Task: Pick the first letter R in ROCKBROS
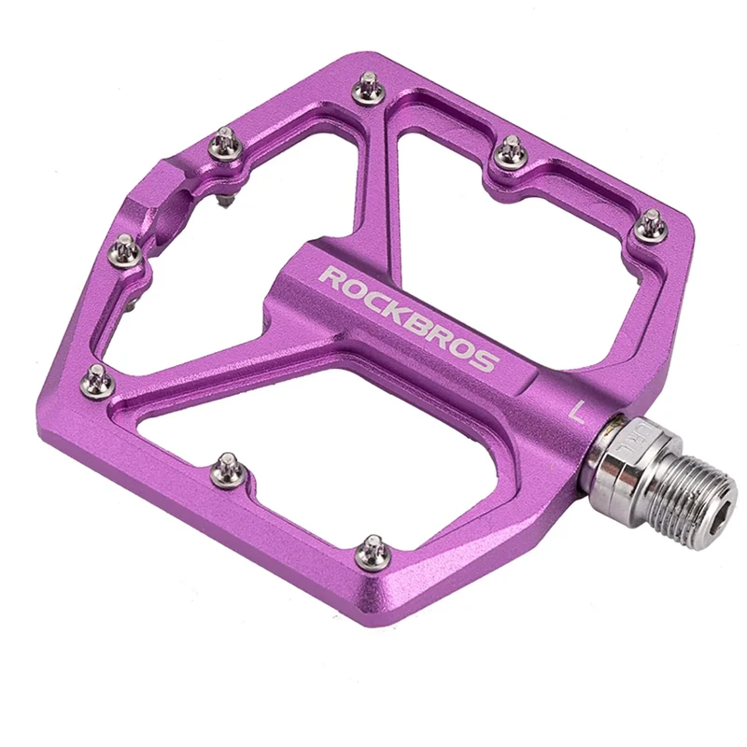[331, 277]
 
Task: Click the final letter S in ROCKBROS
[484, 360]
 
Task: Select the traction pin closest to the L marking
[650, 222]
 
